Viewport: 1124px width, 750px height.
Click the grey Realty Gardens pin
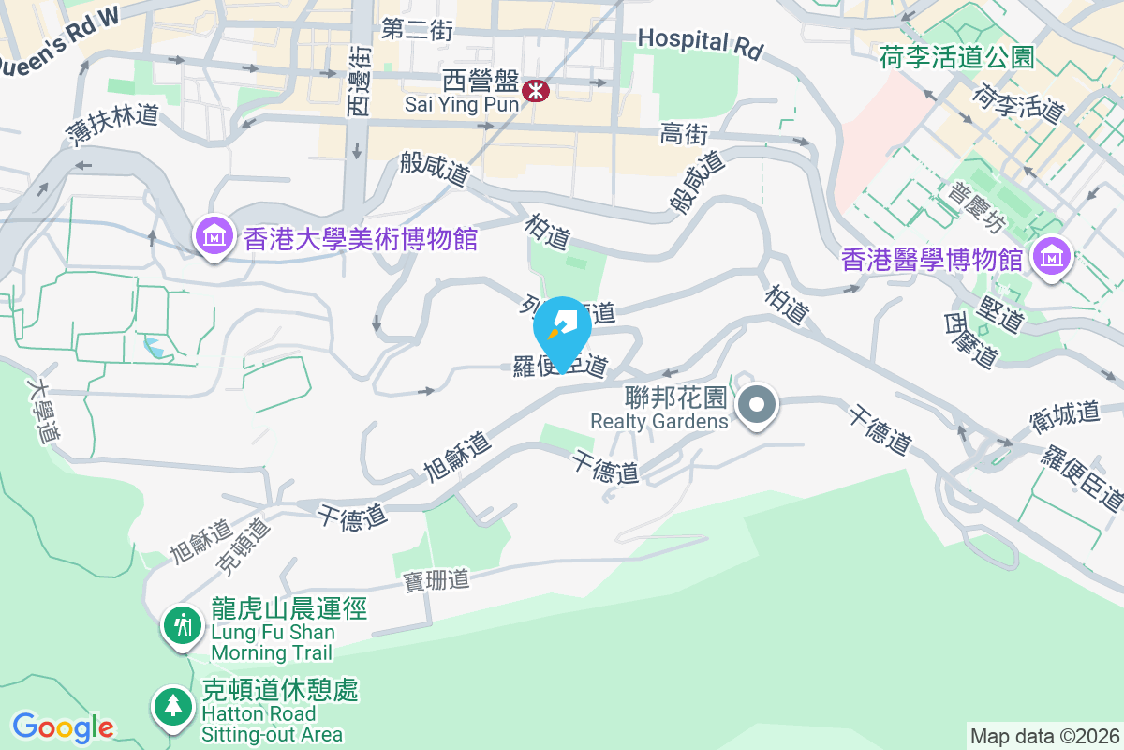(756, 407)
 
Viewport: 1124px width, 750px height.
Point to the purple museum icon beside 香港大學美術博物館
(214, 237)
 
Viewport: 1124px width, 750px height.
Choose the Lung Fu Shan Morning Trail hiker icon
(182, 624)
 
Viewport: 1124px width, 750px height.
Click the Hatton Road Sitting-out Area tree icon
(172, 707)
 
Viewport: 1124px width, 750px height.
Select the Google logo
(63, 727)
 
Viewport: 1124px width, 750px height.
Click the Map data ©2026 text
(1043, 736)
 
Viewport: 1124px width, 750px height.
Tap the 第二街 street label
(417, 30)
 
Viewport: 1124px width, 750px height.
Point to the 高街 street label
(684, 135)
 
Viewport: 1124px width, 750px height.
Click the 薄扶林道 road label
(112, 129)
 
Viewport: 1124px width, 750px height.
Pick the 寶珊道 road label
(436, 580)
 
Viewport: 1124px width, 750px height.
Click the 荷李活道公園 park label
(956, 58)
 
